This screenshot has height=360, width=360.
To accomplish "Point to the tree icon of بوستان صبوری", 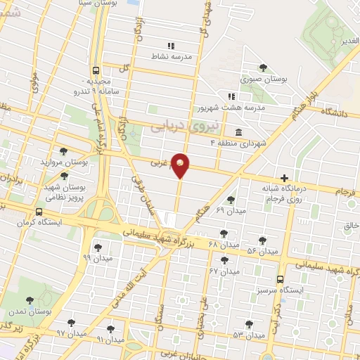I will pos(262,68).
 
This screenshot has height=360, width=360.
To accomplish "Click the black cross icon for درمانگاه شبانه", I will pos(284,178).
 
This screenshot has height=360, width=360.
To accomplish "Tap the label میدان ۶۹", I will pos(231,210).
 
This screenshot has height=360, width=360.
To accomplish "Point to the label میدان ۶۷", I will pos(224,271).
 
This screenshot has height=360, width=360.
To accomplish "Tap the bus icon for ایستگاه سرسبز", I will pos(281,279).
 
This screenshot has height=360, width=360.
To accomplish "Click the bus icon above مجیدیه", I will pos(95,70).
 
